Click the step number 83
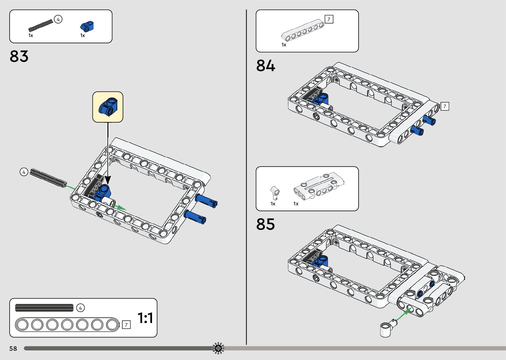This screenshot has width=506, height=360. [x=19, y=56]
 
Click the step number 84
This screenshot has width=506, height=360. [x=265, y=65]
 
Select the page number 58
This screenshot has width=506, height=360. [x=13, y=348]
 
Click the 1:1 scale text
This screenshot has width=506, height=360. [x=145, y=318]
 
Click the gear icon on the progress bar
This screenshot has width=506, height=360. [x=218, y=348]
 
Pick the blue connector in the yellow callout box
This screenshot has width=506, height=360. [x=108, y=107]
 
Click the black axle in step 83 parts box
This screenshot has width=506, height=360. [x=41, y=25]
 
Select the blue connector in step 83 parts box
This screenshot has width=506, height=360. [x=87, y=26]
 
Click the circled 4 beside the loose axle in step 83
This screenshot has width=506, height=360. [x=24, y=172]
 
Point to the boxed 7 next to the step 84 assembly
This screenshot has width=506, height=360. [x=445, y=106]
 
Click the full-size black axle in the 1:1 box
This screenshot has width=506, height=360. [x=44, y=308]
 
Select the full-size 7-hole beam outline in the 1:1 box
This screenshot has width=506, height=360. [x=67, y=325]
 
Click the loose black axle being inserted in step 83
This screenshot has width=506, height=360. [x=48, y=178]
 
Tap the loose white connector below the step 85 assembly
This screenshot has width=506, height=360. [x=386, y=329]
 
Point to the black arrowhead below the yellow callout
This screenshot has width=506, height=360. [x=108, y=180]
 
